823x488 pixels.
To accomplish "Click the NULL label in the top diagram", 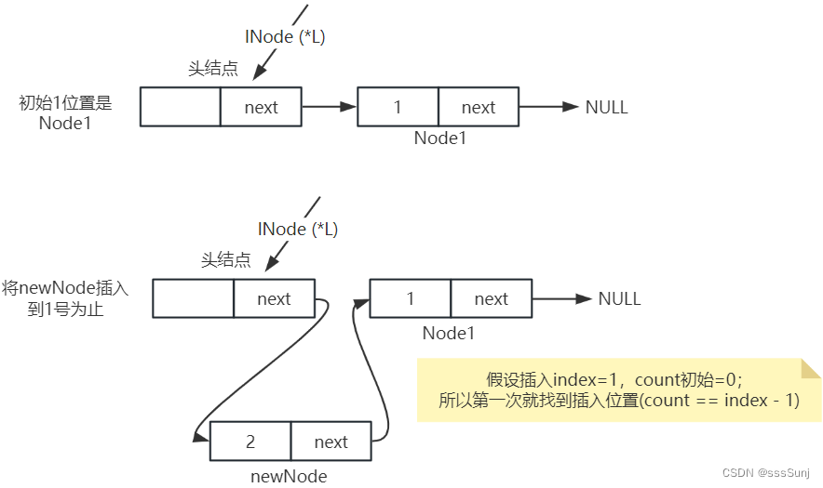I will click(606, 107).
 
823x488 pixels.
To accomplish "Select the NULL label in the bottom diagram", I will click(619, 298).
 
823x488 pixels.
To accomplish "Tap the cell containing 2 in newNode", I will click(250, 442).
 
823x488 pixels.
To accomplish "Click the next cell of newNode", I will click(331, 442).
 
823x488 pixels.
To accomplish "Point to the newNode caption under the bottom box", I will click(289, 476).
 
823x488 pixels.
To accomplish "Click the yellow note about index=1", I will click(617, 390).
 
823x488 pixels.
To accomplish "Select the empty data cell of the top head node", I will click(181, 107).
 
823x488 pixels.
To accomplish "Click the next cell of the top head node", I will click(261, 107).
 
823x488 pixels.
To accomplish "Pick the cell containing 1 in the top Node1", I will click(398, 107).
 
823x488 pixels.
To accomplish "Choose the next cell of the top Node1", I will click(478, 107).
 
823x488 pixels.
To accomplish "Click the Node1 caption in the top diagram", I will click(439, 138).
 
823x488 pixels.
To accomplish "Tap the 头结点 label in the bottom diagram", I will click(225, 260).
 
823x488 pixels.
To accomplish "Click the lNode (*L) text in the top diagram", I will click(284, 37).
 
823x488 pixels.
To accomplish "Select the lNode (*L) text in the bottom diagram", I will click(297, 229).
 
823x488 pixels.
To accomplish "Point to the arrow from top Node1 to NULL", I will click(549, 107).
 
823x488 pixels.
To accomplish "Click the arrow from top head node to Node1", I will click(330, 107).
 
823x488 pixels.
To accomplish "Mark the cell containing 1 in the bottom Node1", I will click(411, 298).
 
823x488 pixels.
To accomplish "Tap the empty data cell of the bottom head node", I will click(193, 298).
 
